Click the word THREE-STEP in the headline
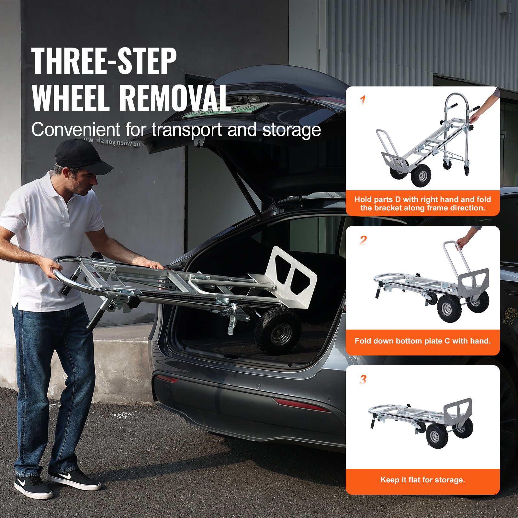(x=104, y=61)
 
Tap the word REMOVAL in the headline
(x=175, y=98)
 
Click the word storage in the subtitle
(x=291, y=130)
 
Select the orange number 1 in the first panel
(x=363, y=100)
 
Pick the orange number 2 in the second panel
(x=363, y=240)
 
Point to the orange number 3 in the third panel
(x=363, y=379)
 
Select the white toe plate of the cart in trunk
(x=291, y=275)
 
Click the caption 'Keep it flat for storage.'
(x=422, y=480)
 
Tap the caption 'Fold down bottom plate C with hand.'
(x=422, y=341)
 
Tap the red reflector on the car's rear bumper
(x=301, y=405)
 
